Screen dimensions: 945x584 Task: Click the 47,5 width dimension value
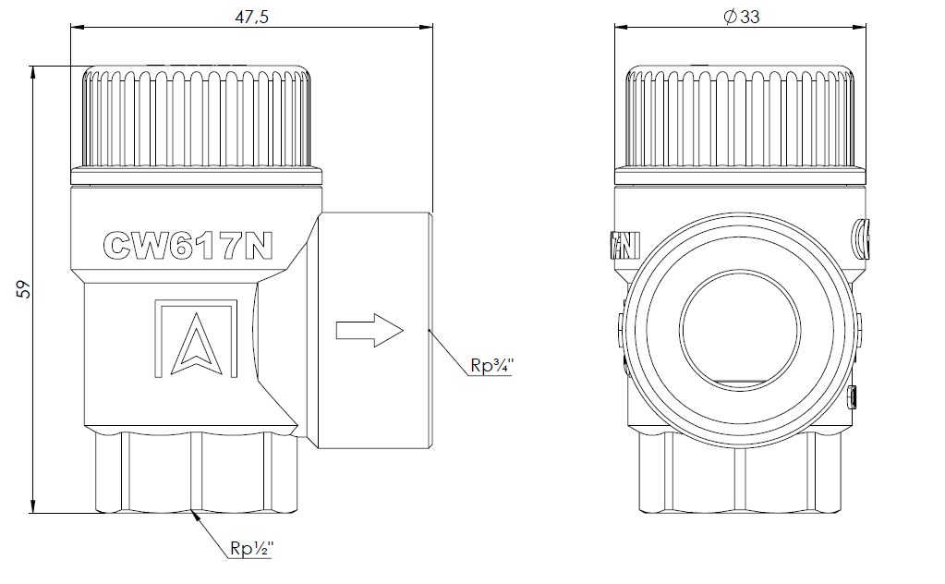click(x=251, y=17)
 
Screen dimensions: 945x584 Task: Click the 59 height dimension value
click(x=23, y=289)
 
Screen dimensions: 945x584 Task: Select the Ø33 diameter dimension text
click(x=741, y=17)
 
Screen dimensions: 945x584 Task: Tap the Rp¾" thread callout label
click(x=491, y=366)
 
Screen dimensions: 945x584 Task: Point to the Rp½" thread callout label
click(x=252, y=548)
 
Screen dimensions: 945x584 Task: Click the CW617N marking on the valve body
click(x=188, y=245)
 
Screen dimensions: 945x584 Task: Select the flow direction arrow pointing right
click(x=370, y=330)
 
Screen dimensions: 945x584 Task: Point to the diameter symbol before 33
click(x=731, y=17)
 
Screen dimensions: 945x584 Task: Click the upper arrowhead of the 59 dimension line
click(x=33, y=72)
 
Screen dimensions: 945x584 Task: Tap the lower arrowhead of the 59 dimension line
click(x=33, y=506)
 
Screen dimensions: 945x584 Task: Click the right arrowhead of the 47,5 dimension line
click(x=426, y=27)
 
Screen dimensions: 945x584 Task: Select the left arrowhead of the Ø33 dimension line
click(x=622, y=27)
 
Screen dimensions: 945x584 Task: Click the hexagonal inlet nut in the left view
click(x=197, y=472)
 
